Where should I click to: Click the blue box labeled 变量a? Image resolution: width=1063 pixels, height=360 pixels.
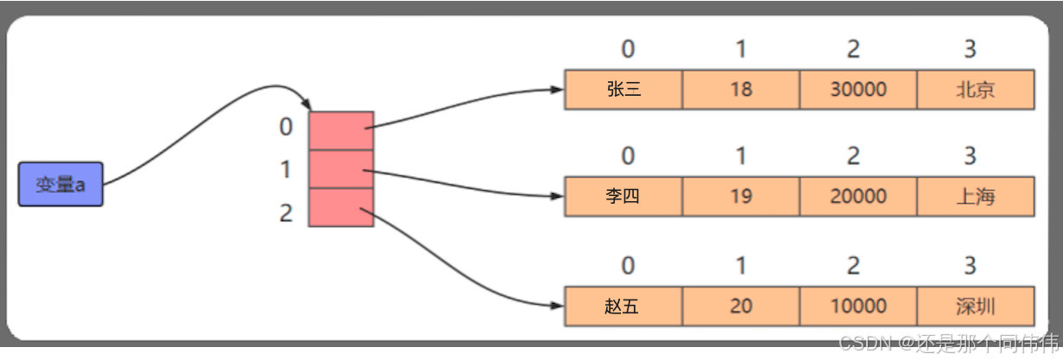[x=60, y=184]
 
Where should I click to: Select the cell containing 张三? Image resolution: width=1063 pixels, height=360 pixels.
[x=623, y=90]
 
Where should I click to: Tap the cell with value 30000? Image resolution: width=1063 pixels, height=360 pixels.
[x=857, y=90]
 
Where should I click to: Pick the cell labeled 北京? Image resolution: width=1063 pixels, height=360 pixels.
[x=975, y=90]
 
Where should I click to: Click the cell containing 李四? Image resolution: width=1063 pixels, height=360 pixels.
[x=623, y=196]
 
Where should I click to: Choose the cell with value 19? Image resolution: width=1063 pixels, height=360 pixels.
[x=741, y=196]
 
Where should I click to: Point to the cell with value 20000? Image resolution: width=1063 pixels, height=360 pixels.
[x=857, y=196]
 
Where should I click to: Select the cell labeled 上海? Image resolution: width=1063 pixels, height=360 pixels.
[x=975, y=196]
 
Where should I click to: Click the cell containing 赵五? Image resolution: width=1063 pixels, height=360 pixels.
[x=623, y=306]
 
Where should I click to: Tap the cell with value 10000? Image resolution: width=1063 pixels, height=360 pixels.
[x=857, y=306]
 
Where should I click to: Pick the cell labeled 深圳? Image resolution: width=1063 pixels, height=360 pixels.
[x=975, y=306]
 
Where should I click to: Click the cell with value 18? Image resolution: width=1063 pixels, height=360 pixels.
[x=741, y=90]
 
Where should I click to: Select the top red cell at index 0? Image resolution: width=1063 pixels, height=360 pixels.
[x=341, y=130]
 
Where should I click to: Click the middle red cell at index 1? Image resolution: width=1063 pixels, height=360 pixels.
[x=341, y=169]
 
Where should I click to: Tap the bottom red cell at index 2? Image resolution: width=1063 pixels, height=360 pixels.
[x=341, y=207]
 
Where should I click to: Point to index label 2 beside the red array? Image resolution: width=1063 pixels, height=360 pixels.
[x=286, y=212]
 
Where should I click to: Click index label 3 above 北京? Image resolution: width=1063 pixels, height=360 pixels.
[x=970, y=50]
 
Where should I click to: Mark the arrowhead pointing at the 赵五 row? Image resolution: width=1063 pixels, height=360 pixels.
[x=557, y=305]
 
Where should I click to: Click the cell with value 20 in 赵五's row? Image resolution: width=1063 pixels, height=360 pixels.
[x=741, y=306]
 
